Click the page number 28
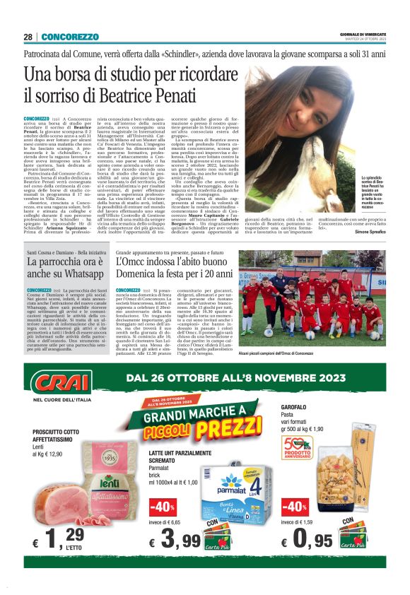tap(28, 37)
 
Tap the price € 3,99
tap(173, 542)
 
